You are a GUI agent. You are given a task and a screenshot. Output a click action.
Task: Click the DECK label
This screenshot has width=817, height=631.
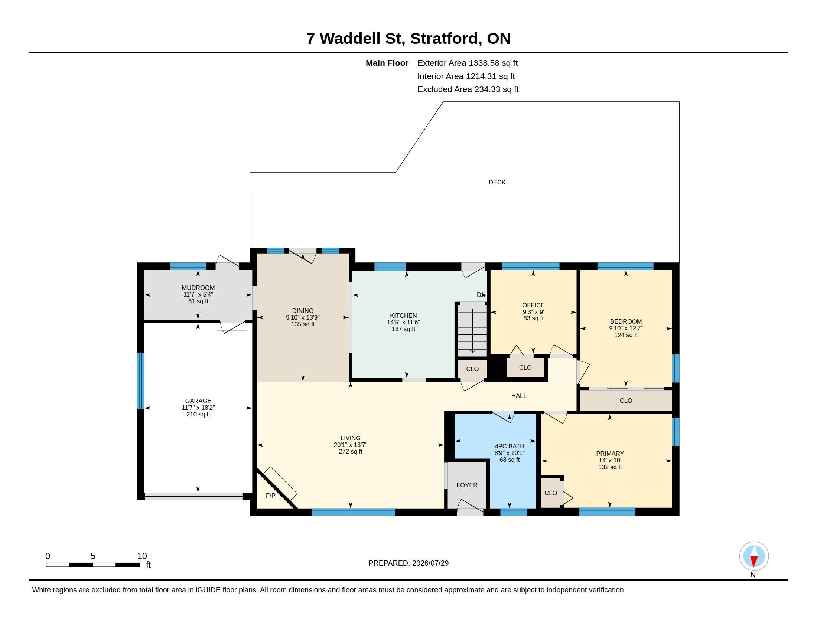[x=497, y=182]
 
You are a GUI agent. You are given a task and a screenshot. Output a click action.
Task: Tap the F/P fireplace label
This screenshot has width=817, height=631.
[x=270, y=496]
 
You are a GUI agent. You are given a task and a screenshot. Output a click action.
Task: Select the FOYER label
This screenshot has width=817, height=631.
[x=467, y=485]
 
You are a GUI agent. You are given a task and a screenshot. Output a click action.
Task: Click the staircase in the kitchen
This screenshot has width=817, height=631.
[x=472, y=329]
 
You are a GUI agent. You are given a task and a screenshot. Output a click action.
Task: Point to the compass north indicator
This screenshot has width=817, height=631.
[x=754, y=556]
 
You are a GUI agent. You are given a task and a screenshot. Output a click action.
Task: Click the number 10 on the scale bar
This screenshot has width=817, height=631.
[x=142, y=556]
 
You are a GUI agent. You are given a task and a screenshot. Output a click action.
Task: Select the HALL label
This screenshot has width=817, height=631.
[x=519, y=396]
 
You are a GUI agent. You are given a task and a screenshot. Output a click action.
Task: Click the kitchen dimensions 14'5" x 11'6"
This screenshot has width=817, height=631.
[x=403, y=322]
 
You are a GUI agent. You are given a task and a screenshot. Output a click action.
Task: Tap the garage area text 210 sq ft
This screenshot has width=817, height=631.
[x=198, y=415]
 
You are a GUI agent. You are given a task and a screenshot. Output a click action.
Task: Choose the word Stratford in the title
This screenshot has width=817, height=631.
[x=444, y=39]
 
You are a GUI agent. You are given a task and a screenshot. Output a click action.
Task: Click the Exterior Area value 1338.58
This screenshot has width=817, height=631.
[x=484, y=63]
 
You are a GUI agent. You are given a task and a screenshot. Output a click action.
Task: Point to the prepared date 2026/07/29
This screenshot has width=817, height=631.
[x=430, y=563]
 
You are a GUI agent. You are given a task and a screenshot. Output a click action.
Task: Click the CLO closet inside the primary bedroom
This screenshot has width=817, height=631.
[x=551, y=493]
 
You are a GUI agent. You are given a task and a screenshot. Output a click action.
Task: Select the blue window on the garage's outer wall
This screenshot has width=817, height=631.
[x=140, y=381]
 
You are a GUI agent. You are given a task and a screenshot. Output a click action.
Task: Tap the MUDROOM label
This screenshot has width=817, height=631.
[x=198, y=288]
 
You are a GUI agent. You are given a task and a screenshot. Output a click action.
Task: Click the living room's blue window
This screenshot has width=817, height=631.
[x=353, y=512]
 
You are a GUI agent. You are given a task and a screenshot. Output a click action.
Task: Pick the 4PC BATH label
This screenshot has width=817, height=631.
[x=510, y=446]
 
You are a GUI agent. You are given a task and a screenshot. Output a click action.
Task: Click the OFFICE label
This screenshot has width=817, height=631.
[x=533, y=305]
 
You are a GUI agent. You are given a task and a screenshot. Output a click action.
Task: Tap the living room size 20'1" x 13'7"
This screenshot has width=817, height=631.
[x=351, y=445]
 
